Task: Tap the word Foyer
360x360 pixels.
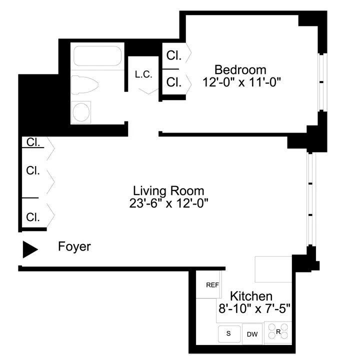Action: (74, 247)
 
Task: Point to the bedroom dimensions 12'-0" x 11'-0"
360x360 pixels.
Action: (243, 82)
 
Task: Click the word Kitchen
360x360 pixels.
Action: (251, 296)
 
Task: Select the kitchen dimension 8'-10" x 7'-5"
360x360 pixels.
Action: (254, 308)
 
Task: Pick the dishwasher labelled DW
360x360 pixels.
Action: (251, 333)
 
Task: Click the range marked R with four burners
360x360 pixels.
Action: (278, 331)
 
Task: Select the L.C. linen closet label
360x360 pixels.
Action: (143, 74)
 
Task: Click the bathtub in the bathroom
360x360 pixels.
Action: (98, 56)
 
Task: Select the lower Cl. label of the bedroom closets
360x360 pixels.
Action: (173, 82)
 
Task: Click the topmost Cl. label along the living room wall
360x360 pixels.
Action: (33, 142)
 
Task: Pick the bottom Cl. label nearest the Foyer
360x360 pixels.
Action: (33, 217)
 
